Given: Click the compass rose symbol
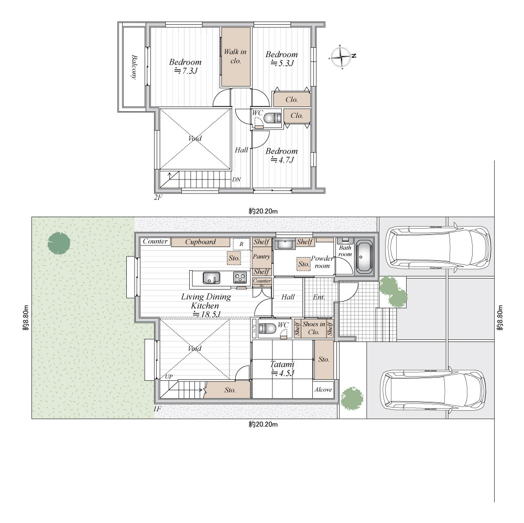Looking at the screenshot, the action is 341,57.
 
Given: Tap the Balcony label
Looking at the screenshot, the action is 134,67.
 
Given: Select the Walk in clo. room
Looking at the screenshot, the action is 236,57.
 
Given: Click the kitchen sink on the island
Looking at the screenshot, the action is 211,277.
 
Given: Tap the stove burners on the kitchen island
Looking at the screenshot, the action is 239,277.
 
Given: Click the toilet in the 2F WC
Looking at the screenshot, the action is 272,118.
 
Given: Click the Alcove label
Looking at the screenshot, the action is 323,389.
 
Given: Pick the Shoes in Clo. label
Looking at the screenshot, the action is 314,328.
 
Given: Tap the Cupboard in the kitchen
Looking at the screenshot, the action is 201,242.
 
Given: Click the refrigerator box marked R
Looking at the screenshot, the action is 241,244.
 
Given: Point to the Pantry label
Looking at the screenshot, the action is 261,257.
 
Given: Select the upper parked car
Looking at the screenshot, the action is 438,248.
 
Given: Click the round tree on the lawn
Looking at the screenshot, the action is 59,242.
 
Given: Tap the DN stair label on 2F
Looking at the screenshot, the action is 237,179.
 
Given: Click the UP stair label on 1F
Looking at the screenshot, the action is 169,377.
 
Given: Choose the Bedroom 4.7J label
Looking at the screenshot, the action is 281,155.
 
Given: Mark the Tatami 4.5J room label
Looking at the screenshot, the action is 282,368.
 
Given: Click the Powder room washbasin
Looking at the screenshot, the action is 285,243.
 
